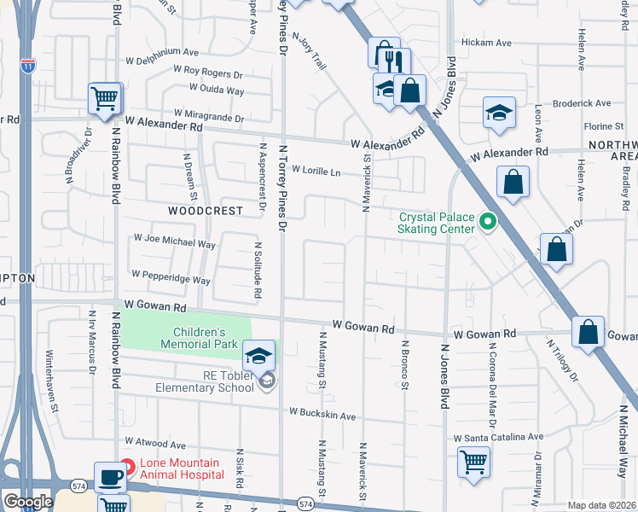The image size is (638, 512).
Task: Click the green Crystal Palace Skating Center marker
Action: point(488,223)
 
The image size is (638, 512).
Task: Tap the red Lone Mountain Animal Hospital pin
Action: point(127,467)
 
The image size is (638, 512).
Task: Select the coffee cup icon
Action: point(109,477)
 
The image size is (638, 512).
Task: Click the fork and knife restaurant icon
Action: point(395,61)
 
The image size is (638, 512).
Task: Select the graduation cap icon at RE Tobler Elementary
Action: point(259,354)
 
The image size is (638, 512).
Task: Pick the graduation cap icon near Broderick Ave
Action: point(499,113)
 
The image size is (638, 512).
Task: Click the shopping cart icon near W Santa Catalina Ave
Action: point(473,462)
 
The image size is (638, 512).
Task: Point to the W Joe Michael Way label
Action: point(174,243)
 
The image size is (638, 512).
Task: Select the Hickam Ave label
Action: point(485,43)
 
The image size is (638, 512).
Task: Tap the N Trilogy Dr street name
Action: point(563,359)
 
